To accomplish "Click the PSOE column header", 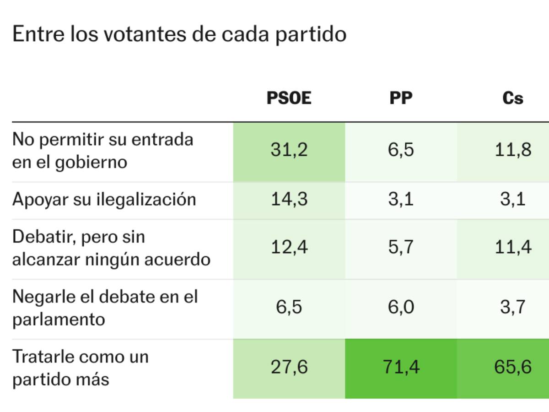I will click(x=289, y=98).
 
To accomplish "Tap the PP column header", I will click(x=401, y=98).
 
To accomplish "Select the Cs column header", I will click(x=512, y=98).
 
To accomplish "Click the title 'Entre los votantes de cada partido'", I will click(x=179, y=34).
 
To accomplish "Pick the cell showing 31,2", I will click(x=289, y=150).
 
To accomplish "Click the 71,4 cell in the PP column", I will click(x=401, y=367).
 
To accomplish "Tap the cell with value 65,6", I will click(x=513, y=367).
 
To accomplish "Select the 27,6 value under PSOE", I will click(x=289, y=367).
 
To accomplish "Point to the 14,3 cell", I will click(x=289, y=200).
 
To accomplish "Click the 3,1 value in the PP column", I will click(x=401, y=200).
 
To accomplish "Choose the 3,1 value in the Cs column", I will click(x=513, y=200).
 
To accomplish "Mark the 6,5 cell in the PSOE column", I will click(x=289, y=307).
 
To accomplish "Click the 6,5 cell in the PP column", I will click(x=401, y=150).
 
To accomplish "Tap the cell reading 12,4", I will click(x=289, y=248).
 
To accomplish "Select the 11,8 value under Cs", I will click(x=513, y=150).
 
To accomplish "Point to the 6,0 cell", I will click(x=401, y=307).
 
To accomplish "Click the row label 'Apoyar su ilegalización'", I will click(x=104, y=200).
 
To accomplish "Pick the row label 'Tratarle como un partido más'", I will click(x=81, y=368).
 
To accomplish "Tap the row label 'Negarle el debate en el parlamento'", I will click(x=105, y=308).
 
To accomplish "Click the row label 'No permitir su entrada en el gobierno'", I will click(x=102, y=151).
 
